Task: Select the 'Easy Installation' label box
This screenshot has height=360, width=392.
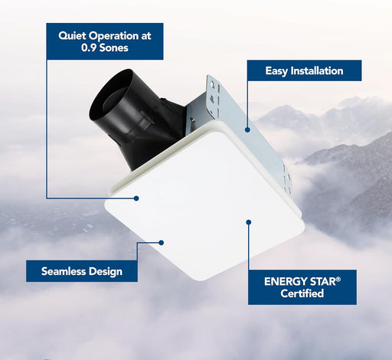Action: click(x=303, y=71)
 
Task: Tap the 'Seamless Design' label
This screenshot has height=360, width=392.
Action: click(x=82, y=270)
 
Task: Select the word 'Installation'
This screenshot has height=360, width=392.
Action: click(x=322, y=71)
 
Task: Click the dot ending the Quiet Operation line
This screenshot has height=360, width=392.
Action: click(x=136, y=198)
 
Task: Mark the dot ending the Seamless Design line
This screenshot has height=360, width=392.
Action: click(x=162, y=243)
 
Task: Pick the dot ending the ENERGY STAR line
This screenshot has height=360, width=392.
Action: click(x=249, y=223)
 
